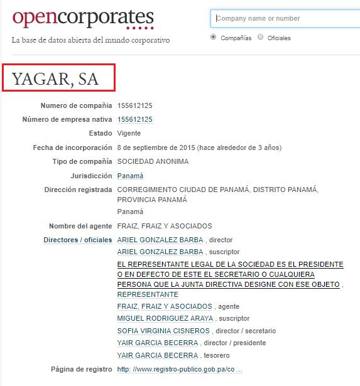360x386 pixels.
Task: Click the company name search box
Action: click(286, 18)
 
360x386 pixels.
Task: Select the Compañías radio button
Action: click(214, 38)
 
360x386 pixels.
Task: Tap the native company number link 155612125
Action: click(134, 119)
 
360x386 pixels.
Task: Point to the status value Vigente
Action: click(129, 133)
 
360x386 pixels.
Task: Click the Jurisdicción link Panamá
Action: click(130, 176)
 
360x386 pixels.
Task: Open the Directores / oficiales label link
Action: click(78, 240)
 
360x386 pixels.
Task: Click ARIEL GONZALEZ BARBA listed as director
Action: click(160, 240)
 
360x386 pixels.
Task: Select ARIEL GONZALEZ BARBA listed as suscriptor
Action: click(160, 252)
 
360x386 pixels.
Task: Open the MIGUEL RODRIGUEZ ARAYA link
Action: click(165, 318)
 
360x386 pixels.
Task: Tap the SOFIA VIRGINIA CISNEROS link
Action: click(163, 331)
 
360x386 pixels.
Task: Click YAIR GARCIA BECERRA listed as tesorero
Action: click(157, 355)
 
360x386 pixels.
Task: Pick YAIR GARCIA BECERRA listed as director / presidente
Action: click(157, 343)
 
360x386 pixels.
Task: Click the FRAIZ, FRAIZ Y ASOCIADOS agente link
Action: click(165, 306)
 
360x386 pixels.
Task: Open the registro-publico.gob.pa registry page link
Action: click(179, 369)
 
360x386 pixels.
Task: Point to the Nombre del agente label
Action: click(80, 226)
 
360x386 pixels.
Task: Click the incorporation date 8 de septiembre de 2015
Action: click(156, 147)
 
